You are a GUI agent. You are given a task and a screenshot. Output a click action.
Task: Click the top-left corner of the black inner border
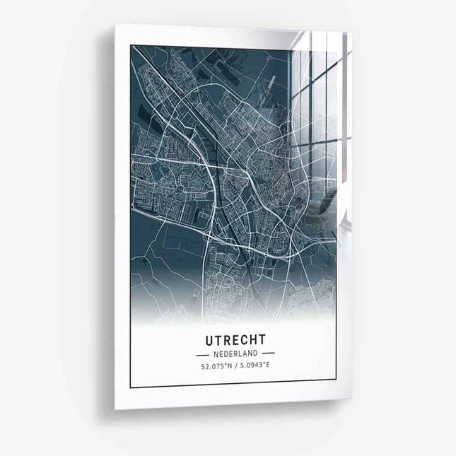pos(131,45)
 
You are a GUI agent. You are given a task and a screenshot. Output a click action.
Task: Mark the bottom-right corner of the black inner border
pos(336,388)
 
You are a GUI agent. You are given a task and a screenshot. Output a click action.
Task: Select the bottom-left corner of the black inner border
pos(131,388)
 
